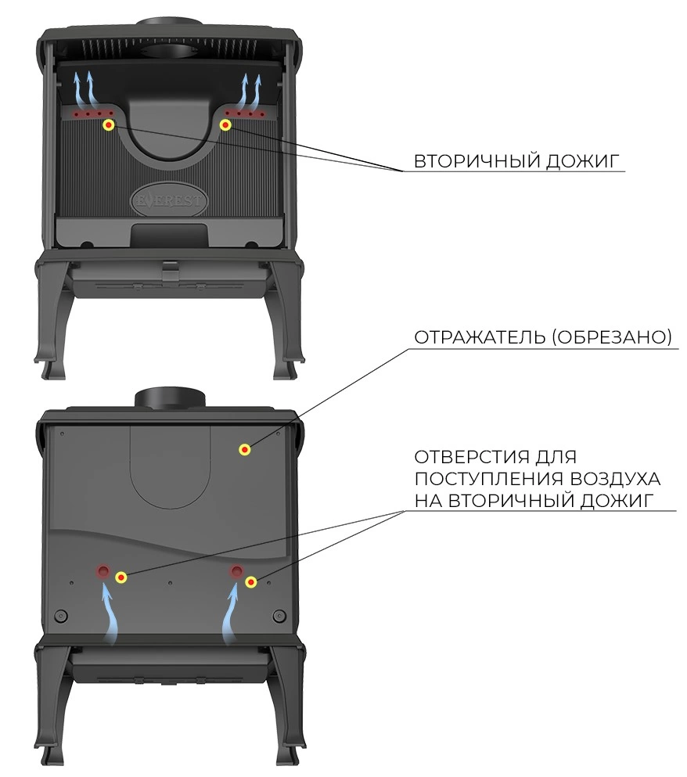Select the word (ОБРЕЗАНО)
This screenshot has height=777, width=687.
click(612, 337)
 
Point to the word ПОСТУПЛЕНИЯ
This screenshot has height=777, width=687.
click(489, 479)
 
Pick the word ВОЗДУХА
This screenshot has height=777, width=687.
click(616, 479)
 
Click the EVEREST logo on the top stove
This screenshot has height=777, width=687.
click(169, 200)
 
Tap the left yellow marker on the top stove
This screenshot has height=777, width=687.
click(109, 125)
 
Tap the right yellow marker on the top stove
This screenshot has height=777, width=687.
click(225, 125)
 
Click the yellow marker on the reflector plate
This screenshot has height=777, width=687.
click(244, 449)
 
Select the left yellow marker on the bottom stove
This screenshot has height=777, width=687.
click(121, 577)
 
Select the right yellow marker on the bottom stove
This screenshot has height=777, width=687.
click(251, 581)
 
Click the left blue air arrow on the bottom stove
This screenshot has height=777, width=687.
click(110, 613)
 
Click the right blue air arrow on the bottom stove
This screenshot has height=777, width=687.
click(231, 614)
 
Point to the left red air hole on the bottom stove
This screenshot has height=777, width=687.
click(103, 571)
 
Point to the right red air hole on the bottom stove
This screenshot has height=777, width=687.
click(236, 571)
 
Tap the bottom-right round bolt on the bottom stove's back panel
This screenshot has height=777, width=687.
click(279, 616)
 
